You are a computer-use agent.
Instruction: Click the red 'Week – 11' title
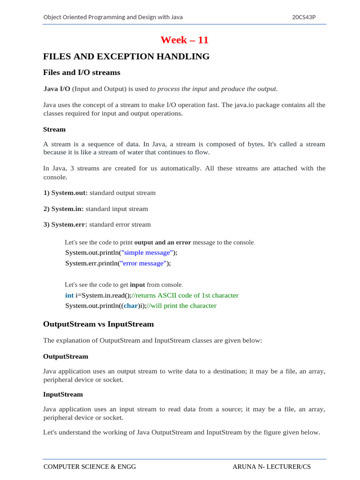pos(184,40)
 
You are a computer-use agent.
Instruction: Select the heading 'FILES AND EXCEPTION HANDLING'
pos(126,57)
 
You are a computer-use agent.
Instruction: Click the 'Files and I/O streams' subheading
pos(82,73)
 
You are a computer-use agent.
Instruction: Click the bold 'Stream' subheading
pos(54,129)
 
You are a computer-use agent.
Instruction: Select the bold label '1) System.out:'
pos(66,193)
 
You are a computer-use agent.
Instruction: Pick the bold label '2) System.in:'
pos(64,209)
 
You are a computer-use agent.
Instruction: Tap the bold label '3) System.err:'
pos(66,225)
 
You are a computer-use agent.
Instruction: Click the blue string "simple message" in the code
pos(147,253)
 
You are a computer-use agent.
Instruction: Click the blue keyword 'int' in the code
pos(69,295)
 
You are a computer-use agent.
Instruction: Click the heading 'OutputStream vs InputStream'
pos(98,324)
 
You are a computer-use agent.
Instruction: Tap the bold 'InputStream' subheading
pos(63,395)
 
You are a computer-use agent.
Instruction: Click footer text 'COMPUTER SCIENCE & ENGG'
pos(90,467)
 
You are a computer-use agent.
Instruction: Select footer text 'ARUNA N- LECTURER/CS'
pos(271,467)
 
